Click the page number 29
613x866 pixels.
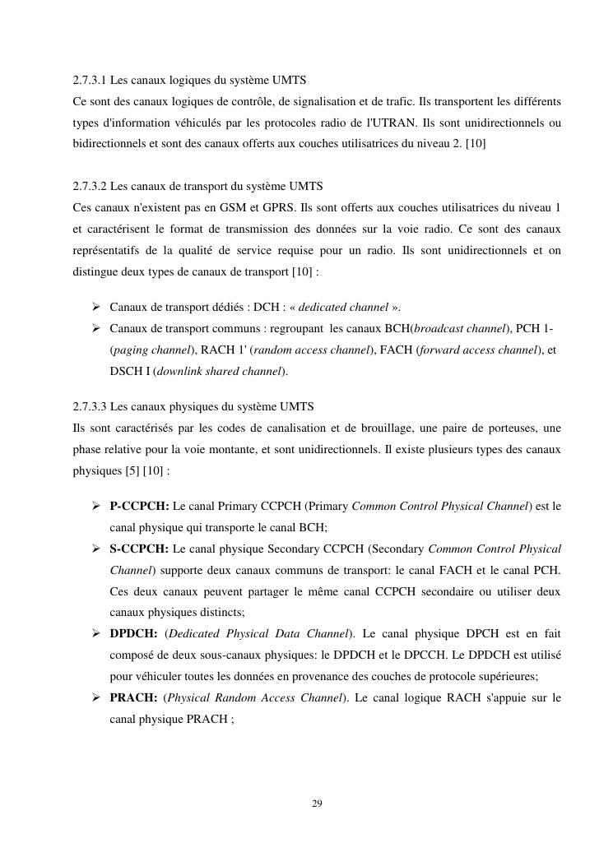(317, 803)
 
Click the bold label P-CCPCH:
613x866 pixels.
(139, 506)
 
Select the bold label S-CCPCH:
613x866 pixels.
(139, 549)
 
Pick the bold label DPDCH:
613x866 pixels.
(134, 634)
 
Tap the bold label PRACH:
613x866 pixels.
(133, 698)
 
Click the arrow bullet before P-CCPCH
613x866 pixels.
(96, 506)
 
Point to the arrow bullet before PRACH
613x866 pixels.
(96, 698)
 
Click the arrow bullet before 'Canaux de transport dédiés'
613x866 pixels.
(96, 308)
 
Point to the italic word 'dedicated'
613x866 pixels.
(322, 308)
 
